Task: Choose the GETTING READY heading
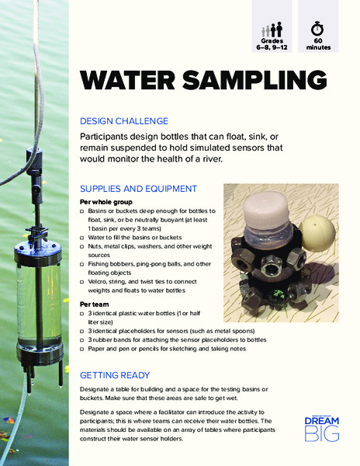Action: pos(116,374)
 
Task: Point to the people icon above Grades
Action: pos(271,30)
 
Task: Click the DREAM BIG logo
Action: pos(321,427)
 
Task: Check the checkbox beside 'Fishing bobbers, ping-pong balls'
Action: pos(83,263)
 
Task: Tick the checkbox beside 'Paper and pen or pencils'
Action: pos(83,349)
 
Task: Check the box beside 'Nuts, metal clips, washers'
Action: pos(83,245)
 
